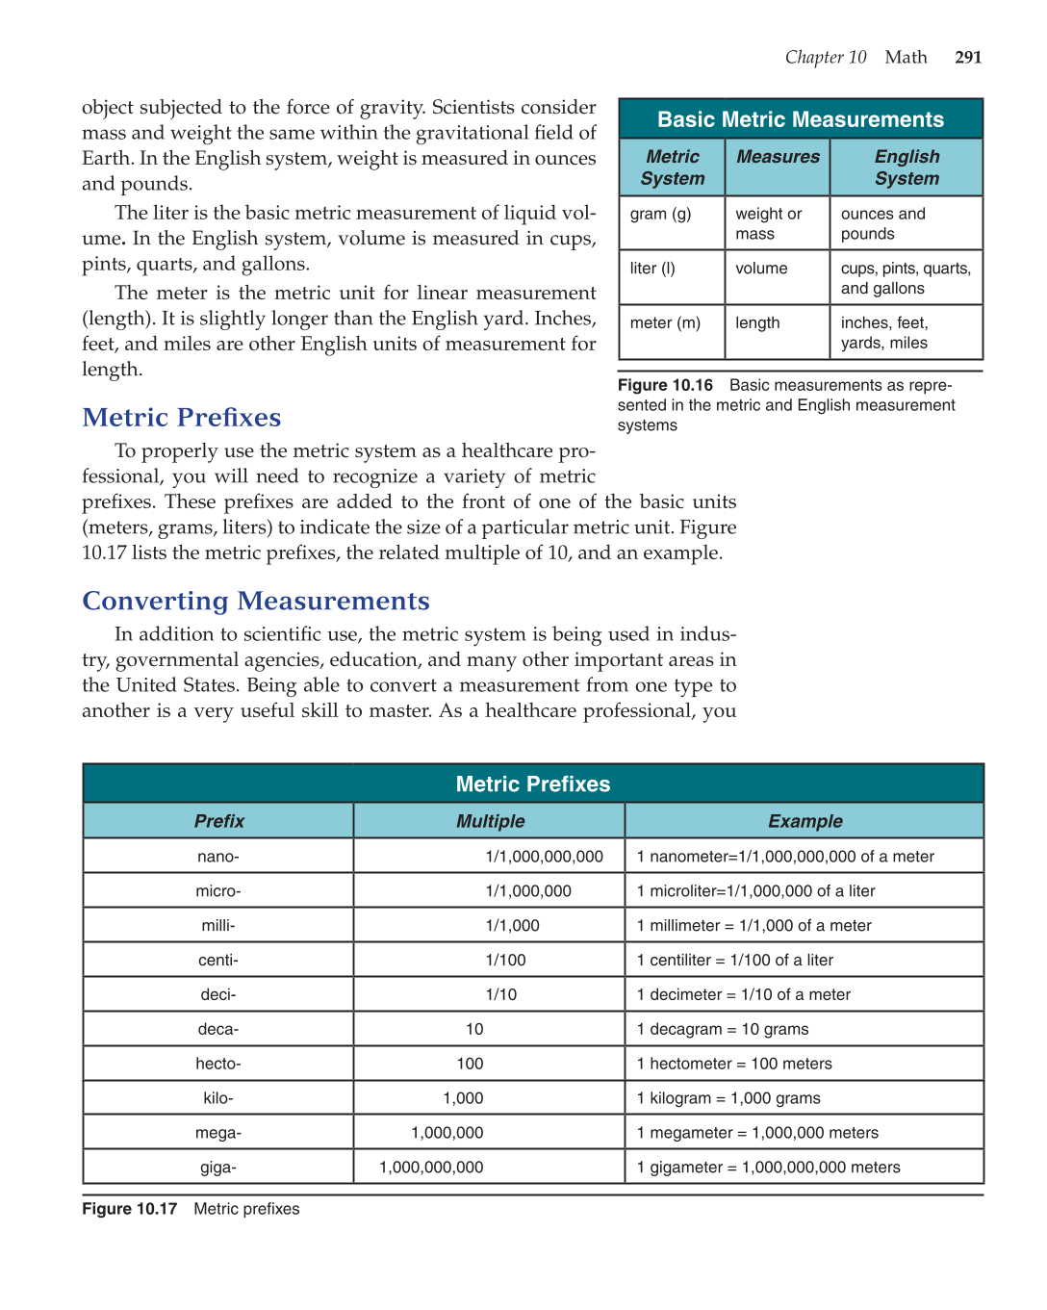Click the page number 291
pos(968,58)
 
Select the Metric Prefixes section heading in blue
pos(182,418)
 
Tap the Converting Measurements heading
pos(256,601)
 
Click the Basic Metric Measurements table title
pos(801,119)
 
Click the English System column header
pos(907,167)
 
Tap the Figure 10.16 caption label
pos(665,385)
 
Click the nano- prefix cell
pos(218,857)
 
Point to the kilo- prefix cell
pos(218,1098)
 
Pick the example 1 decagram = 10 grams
pos(723,1030)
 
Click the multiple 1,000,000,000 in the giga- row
pos(431,1168)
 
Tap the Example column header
pos(805,821)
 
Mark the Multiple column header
pos(490,821)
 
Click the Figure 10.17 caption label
pos(130,1209)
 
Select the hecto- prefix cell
pos(218,1064)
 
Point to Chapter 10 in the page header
pos(826,58)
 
